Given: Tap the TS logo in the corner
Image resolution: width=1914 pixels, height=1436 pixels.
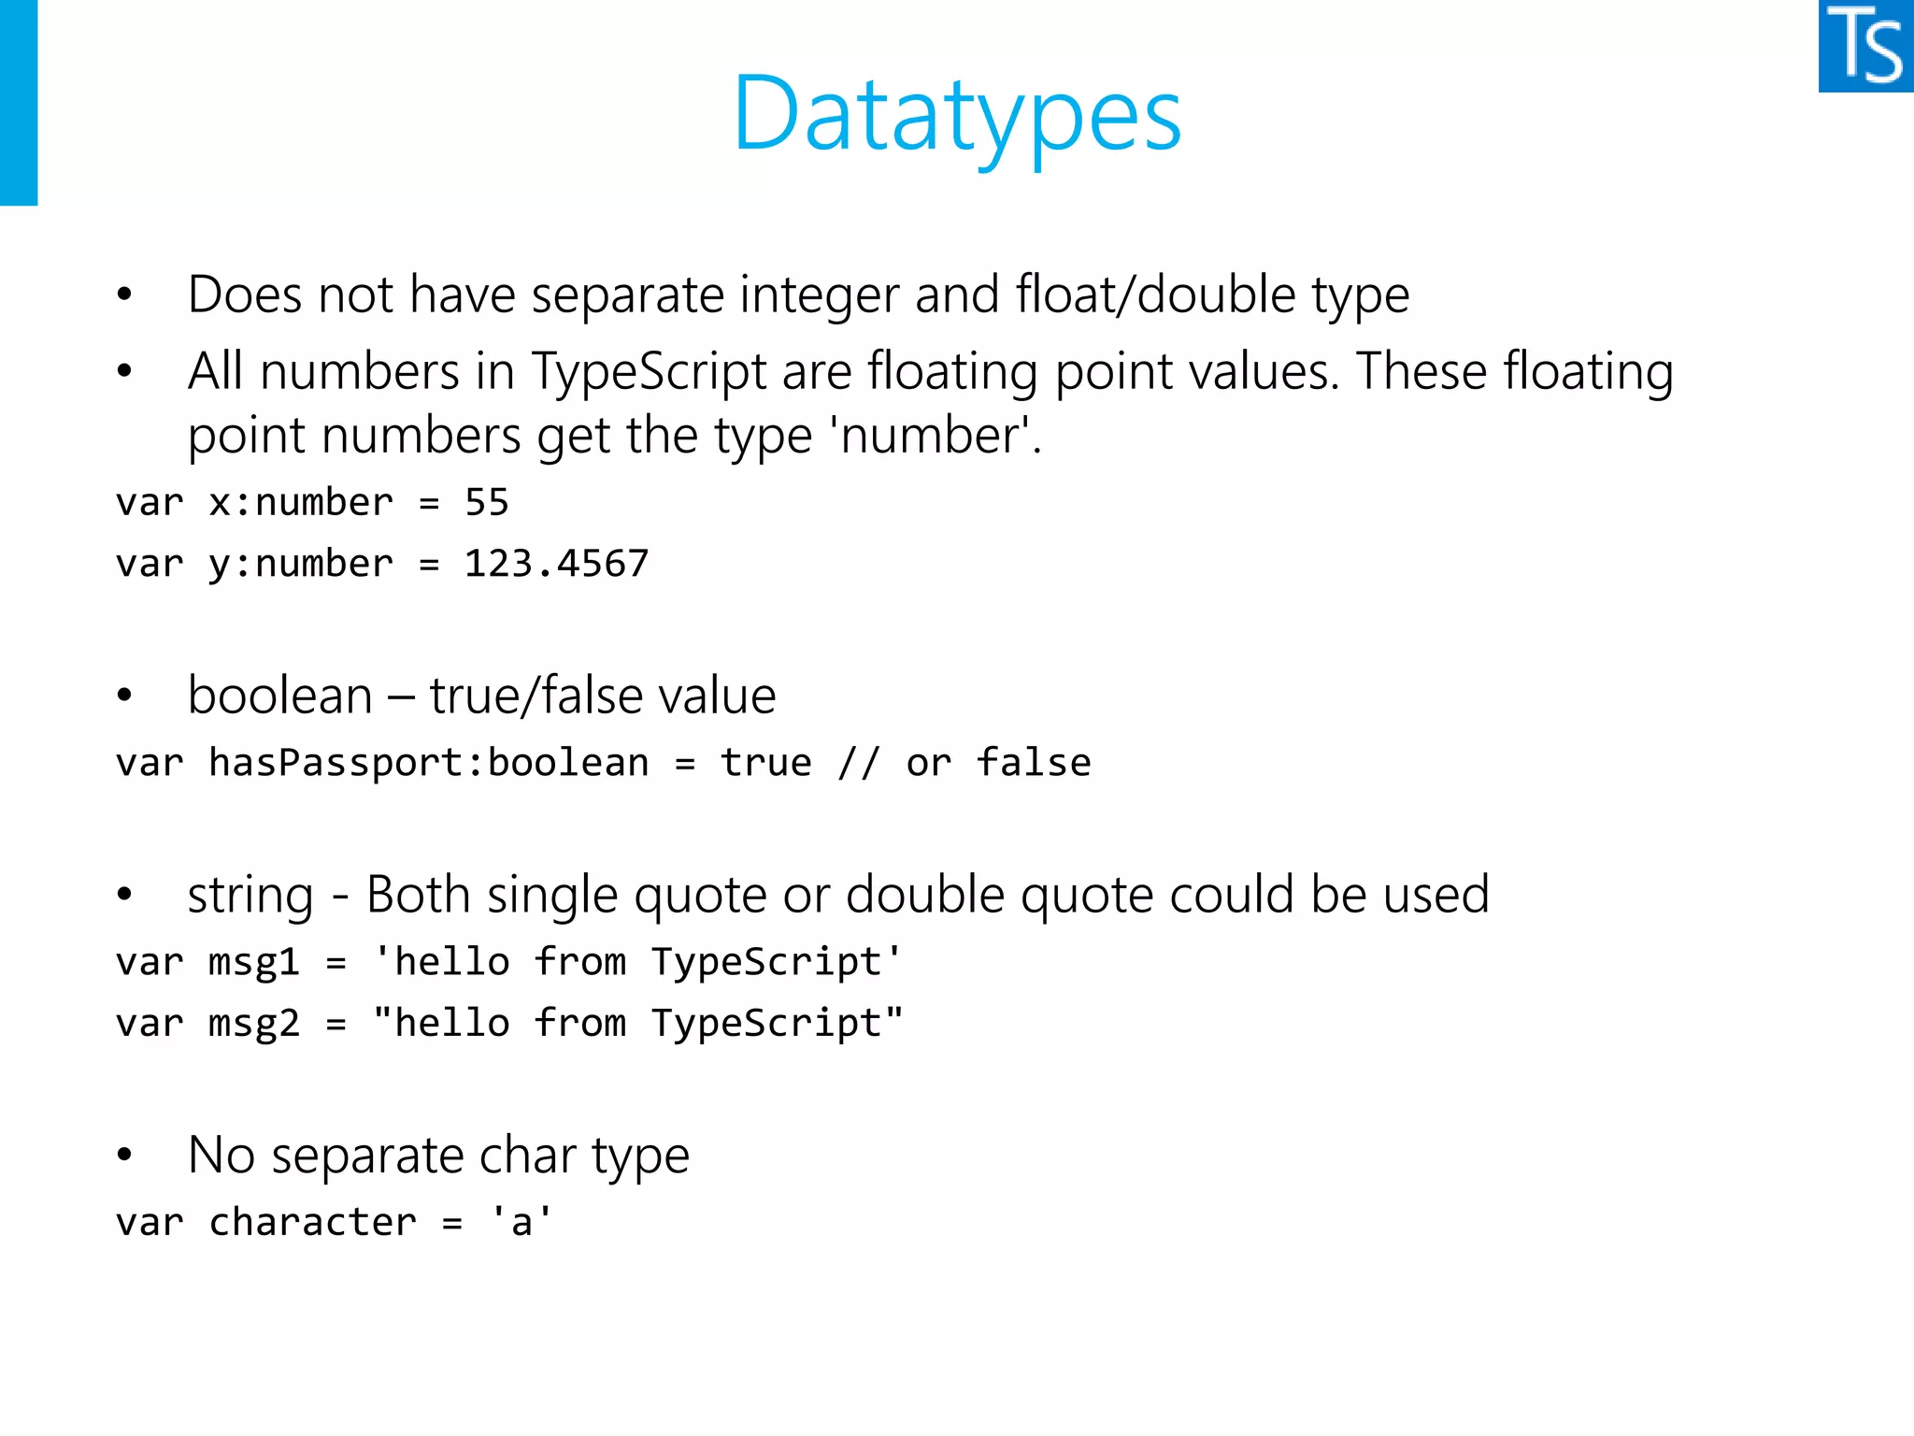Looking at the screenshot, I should coord(1865,46).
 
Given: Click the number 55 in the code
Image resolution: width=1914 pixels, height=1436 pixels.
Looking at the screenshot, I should coord(487,503).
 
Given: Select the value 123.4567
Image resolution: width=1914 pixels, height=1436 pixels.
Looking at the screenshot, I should coord(556,564).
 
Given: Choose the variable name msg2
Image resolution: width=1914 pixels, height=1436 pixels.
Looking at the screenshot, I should coord(254,1024).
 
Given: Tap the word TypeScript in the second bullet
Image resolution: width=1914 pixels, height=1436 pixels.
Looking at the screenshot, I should coord(649,372).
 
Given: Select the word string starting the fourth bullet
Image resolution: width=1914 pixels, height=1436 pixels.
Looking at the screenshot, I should coord(250,896).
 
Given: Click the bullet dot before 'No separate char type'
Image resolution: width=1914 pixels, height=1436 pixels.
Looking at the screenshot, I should coord(124,1156).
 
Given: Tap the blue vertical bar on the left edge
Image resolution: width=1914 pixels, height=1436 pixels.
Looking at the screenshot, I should coord(19,103).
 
